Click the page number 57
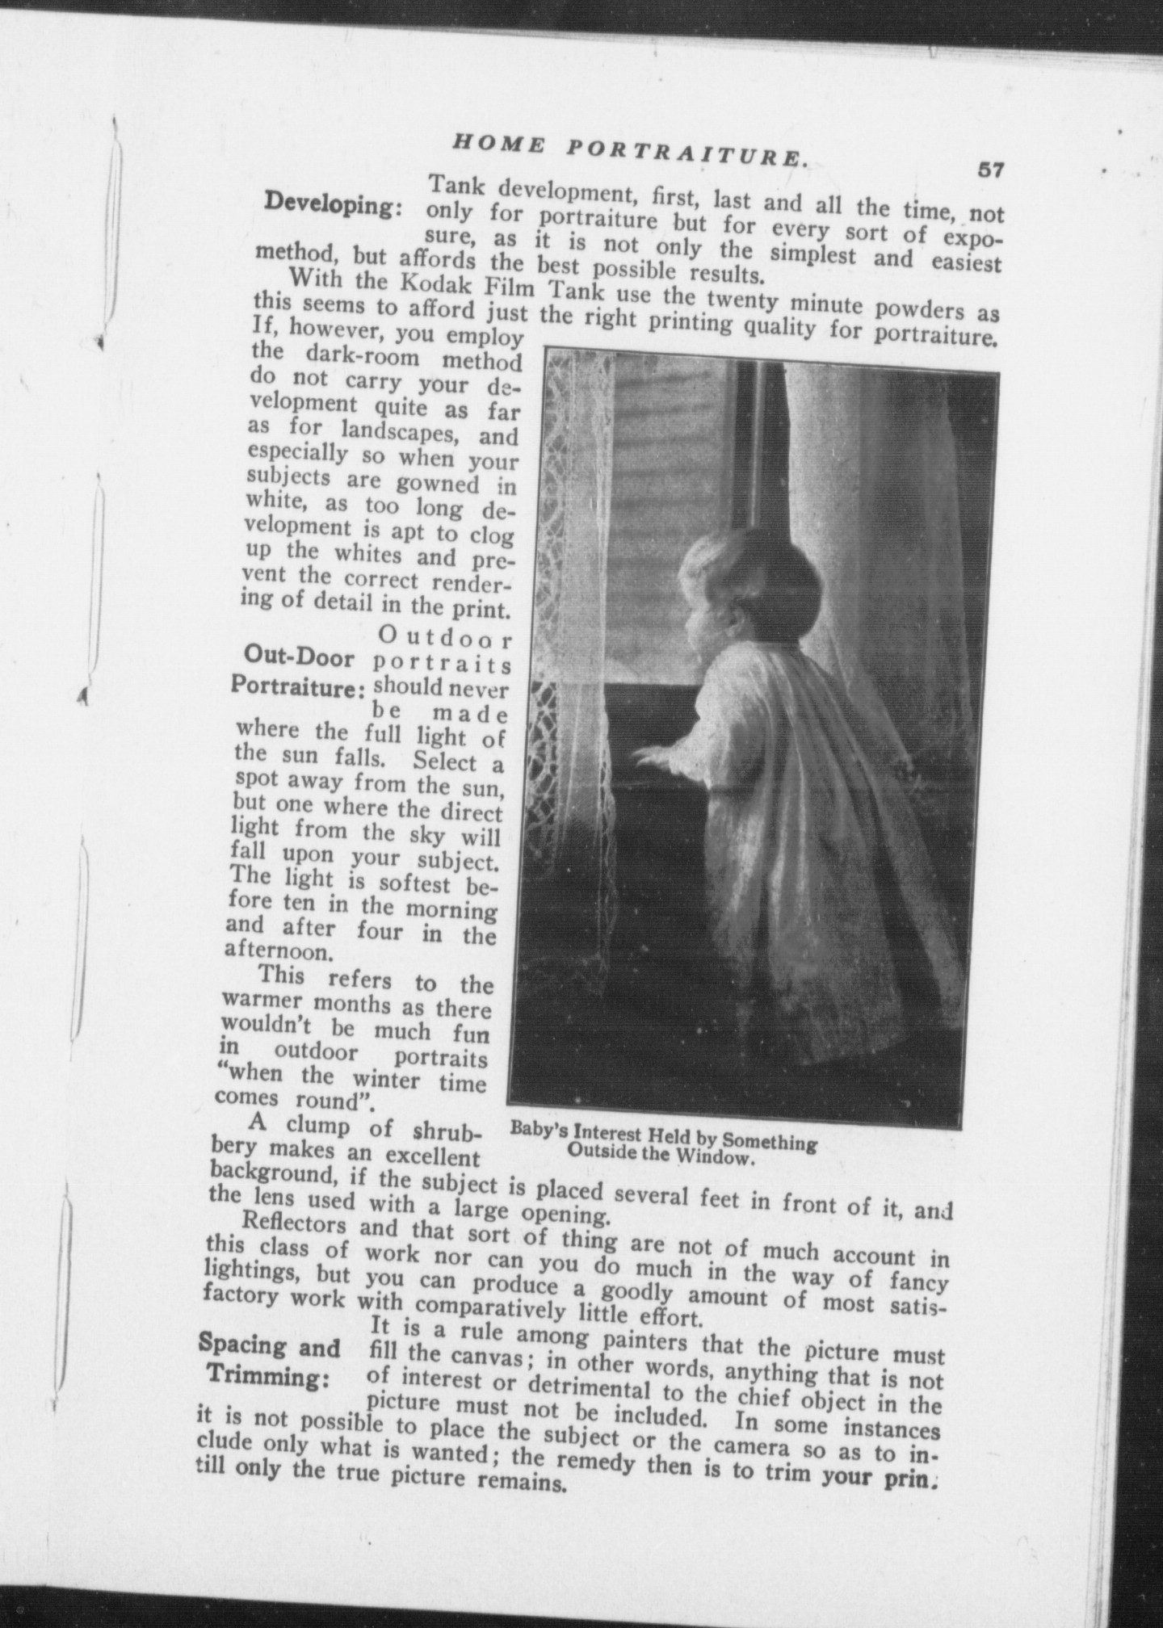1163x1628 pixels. (990, 170)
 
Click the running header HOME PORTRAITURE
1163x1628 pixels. (630, 150)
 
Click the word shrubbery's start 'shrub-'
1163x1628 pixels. (447, 1131)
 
